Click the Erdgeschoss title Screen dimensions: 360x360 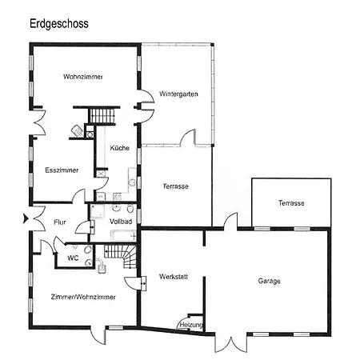59,23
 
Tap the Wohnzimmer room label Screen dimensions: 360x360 83,77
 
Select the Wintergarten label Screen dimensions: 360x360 178,94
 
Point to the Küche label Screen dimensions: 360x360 120,148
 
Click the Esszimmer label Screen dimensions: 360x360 62,170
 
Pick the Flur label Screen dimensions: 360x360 60,222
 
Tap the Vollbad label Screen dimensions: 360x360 121,222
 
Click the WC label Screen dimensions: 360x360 73,258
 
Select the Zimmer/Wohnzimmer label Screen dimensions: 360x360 83,297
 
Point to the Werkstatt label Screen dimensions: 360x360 174,277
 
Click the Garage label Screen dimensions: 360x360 269,281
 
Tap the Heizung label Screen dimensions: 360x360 191,325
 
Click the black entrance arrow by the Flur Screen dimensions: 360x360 26,218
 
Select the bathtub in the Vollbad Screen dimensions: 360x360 123,235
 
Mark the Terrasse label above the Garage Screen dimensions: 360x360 291,203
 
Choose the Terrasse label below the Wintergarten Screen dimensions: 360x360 175,186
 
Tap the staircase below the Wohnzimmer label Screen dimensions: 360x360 102,115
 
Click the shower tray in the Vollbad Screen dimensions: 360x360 96,212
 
